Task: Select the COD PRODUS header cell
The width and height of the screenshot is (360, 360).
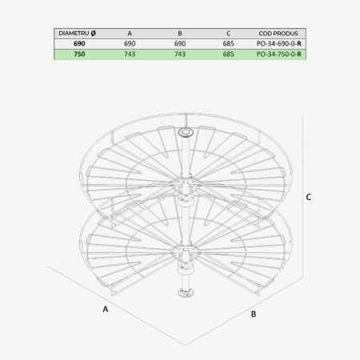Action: pos(279,31)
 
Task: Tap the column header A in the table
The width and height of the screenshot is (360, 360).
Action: pos(130,31)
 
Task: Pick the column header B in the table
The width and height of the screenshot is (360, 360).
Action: pos(180,31)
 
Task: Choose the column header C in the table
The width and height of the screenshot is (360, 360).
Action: pos(229,31)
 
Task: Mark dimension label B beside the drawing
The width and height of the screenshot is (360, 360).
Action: pos(253,314)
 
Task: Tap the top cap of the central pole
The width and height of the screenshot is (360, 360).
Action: pos(186,130)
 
